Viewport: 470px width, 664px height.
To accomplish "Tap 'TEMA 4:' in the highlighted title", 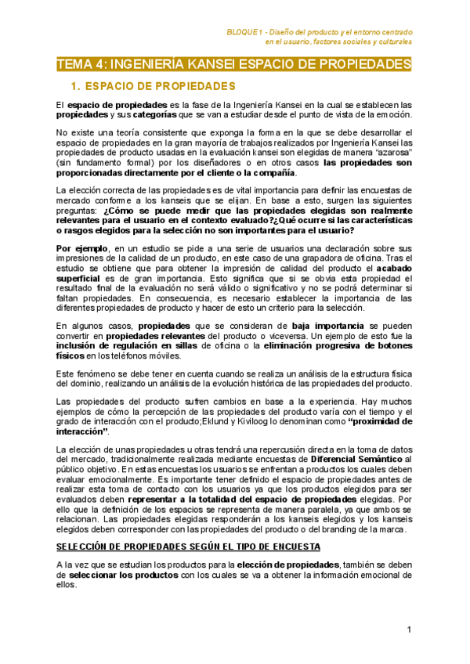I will pos(81,63).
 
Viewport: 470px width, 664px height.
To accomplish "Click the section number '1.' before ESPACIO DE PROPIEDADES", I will pos(76,85).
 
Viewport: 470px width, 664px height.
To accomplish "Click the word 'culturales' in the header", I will pos(393,41).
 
